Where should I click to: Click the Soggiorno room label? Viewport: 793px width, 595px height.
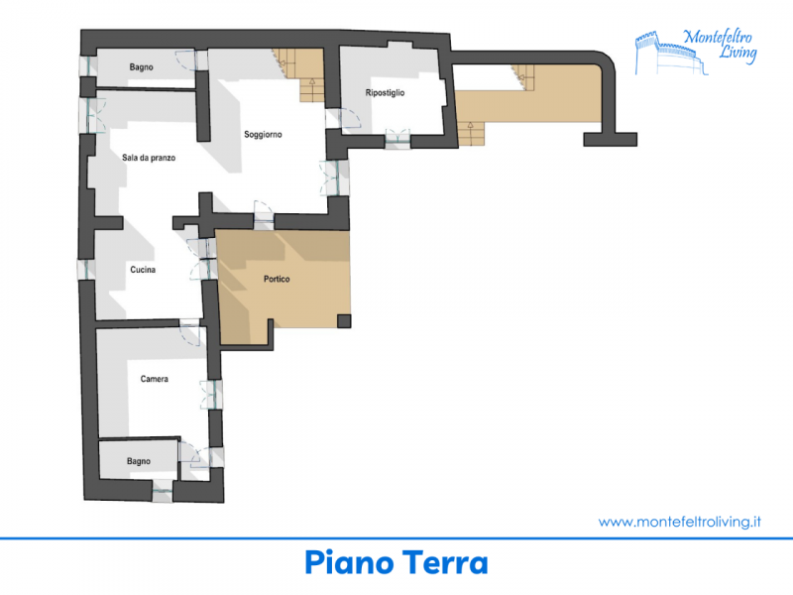pos(263,135)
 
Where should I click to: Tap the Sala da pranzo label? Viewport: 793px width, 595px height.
pos(149,158)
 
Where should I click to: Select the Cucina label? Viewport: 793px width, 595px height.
pos(143,270)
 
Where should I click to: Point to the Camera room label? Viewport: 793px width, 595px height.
pos(155,379)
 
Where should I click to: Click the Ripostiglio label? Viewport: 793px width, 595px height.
pos(385,93)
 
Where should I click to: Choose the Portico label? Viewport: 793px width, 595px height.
pos(277,279)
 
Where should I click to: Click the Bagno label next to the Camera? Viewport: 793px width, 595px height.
pos(139,461)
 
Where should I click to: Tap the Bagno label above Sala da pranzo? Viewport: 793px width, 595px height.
pos(141,67)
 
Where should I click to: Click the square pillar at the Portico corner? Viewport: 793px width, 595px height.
pos(344,320)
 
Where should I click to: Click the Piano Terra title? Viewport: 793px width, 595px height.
pos(396,562)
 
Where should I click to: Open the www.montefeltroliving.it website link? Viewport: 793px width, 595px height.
pos(680,522)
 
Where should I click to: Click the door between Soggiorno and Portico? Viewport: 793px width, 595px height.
pos(264,215)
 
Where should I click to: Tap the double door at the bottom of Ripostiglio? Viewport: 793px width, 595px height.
pos(397,138)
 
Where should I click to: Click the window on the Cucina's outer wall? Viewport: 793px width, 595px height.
pos(86,270)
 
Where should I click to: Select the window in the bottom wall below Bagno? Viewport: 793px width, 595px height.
pos(163,490)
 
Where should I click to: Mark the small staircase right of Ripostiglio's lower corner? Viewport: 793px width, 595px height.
pos(471,134)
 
